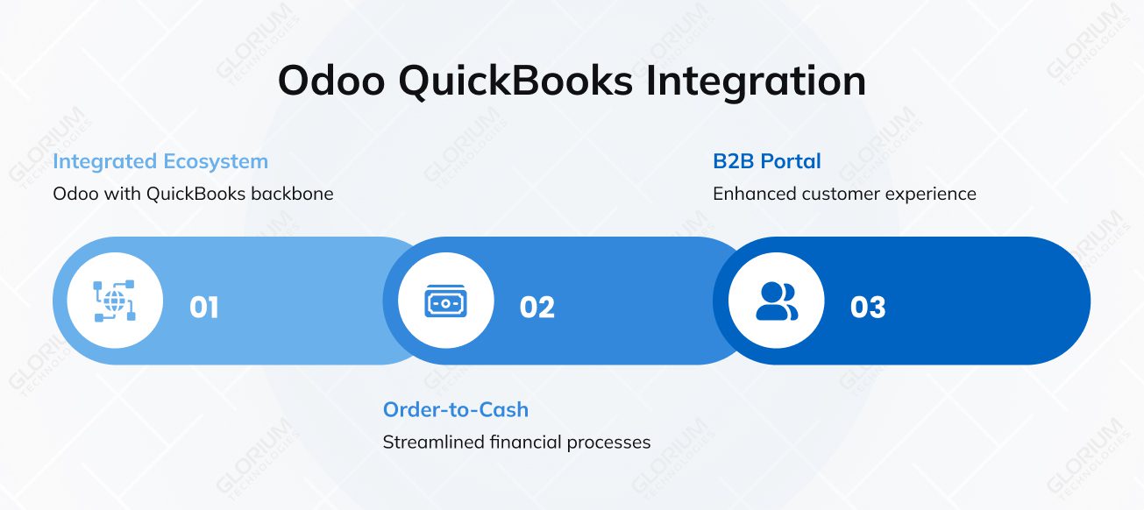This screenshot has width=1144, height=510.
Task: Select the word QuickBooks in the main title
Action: tap(515, 81)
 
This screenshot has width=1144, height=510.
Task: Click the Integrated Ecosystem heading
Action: tap(160, 161)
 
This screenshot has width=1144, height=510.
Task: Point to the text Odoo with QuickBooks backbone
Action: tap(193, 194)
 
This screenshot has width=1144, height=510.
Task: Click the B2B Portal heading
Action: tap(767, 161)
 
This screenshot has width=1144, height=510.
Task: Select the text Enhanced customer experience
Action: tap(844, 194)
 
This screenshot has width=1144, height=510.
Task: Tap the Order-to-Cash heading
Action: tap(456, 409)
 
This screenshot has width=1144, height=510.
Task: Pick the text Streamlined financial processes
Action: tap(516, 442)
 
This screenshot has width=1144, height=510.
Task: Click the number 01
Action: tap(204, 308)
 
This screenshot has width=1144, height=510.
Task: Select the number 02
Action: tap(536, 308)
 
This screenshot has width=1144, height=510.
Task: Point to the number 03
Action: tap(868, 308)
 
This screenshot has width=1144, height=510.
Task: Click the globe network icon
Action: tap(115, 301)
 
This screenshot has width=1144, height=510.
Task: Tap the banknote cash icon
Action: tap(445, 301)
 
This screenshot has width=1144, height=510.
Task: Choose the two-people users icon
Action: tap(777, 301)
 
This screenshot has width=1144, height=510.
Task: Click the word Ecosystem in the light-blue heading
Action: tap(216, 161)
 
